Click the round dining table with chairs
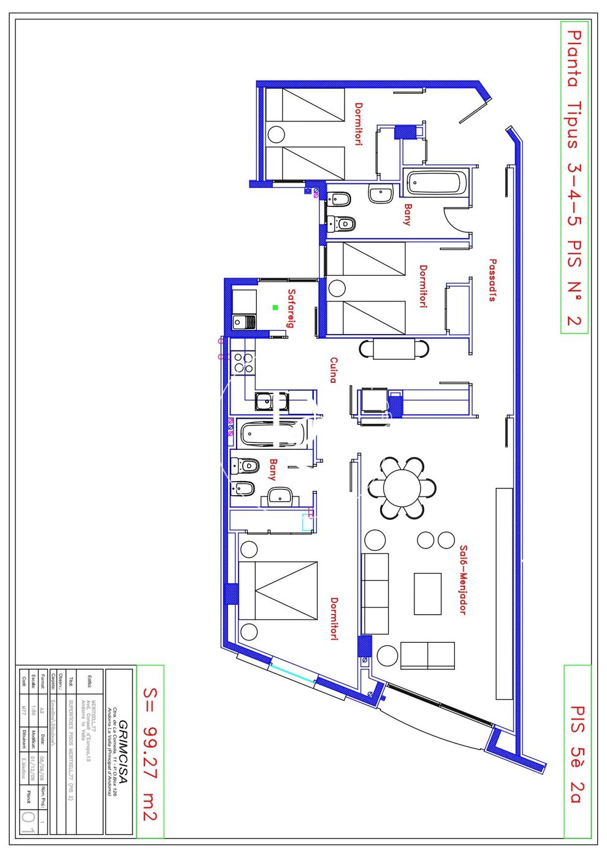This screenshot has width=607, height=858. click(402, 488)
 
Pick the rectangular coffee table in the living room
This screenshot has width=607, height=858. click(427, 594)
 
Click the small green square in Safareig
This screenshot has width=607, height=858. click(275, 308)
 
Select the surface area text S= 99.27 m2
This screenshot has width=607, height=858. click(150, 753)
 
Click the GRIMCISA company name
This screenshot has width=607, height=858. click(123, 754)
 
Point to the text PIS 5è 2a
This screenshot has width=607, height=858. click(577, 753)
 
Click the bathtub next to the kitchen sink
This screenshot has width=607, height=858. click(270, 434)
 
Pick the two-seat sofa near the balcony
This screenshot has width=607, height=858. click(427, 656)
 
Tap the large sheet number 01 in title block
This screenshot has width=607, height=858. click(28, 821)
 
